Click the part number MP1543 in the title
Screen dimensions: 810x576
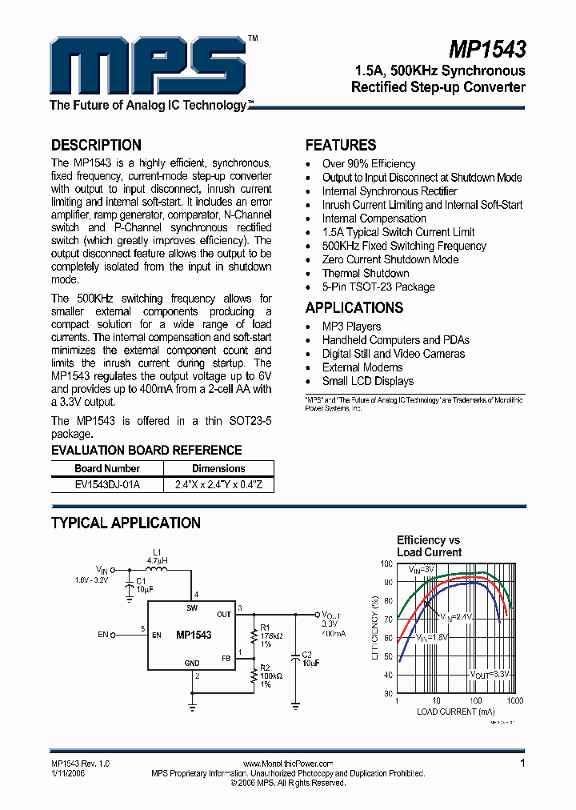(x=486, y=50)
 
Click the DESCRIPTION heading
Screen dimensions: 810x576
(x=96, y=145)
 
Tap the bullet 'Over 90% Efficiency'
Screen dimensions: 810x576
(x=368, y=164)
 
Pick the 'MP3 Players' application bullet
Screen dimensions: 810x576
(x=351, y=327)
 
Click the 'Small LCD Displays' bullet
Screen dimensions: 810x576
(x=367, y=381)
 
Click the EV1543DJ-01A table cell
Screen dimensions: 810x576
(x=107, y=484)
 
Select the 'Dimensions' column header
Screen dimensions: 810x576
(x=218, y=468)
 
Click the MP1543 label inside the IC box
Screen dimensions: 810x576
(x=194, y=635)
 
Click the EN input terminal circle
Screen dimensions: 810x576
(x=113, y=635)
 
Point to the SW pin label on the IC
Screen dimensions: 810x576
(x=192, y=608)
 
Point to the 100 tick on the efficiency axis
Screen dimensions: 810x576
(x=387, y=563)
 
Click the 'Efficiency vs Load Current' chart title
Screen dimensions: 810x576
(x=429, y=546)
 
